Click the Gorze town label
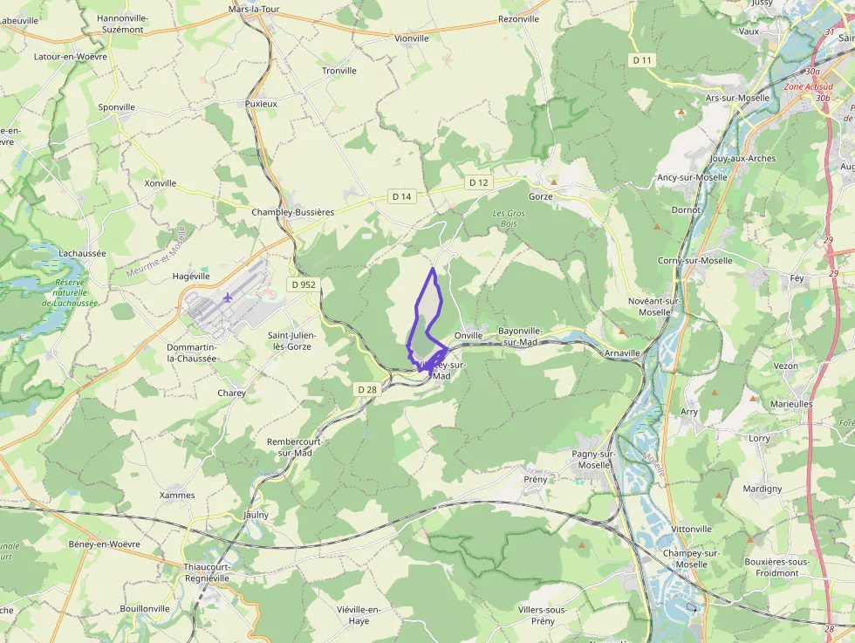click(541, 196)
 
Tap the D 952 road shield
click(304, 284)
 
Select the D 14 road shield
click(401, 196)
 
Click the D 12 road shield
click(477, 182)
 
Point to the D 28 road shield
click(366, 389)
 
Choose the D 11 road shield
click(642, 59)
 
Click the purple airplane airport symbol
click(228, 297)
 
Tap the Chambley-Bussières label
click(293, 212)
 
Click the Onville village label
click(469, 335)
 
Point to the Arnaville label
click(622, 353)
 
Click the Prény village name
click(535, 479)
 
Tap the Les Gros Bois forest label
click(510, 218)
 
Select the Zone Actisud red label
click(807, 87)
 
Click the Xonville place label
click(161, 183)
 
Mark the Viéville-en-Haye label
click(359, 615)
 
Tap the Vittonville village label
click(692, 529)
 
